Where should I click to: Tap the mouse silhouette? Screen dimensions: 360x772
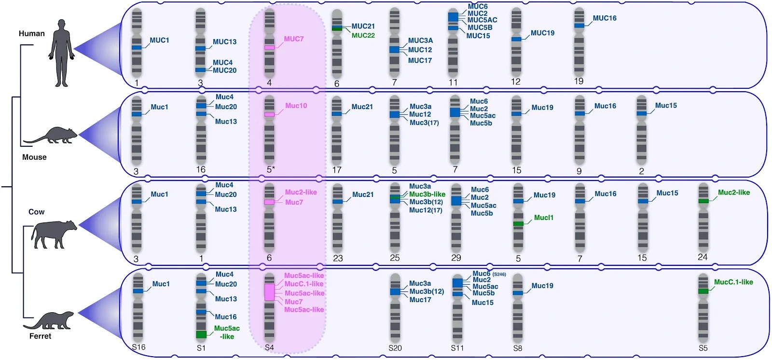point(53,136)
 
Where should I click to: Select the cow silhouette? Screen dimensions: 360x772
point(53,234)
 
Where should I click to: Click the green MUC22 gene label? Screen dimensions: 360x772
point(363,35)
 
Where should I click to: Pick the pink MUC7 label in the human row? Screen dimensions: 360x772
point(293,39)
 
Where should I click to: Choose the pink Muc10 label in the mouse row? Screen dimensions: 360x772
point(296,106)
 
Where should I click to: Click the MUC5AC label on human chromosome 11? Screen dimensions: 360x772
point(482,20)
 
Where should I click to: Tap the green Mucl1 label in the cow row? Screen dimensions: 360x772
point(543,218)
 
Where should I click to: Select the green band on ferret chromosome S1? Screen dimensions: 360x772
point(201,334)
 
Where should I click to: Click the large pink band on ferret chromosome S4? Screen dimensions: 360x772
point(269,292)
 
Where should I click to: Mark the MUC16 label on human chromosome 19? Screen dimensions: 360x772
point(604,18)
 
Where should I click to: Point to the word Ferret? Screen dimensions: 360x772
point(40,336)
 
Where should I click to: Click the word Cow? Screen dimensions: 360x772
point(36,212)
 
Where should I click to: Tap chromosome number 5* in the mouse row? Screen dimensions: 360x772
point(271,169)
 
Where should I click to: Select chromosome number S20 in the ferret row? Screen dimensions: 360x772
point(395,348)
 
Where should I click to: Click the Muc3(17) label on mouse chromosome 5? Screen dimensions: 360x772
point(424,123)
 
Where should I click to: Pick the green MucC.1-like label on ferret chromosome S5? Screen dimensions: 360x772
point(733,282)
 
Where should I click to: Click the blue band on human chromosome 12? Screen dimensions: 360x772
point(516,39)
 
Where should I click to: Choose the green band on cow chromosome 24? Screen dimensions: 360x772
point(703,201)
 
